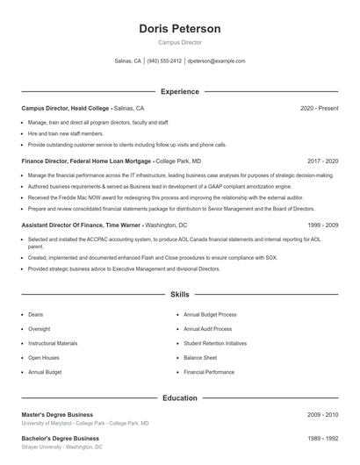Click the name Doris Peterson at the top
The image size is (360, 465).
tap(179, 29)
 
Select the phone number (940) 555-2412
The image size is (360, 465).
tap(164, 61)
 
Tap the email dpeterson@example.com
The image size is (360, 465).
tap(216, 61)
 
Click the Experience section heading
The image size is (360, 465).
tap(179, 91)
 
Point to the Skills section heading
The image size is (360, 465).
tap(179, 295)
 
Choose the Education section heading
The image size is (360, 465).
tap(179, 398)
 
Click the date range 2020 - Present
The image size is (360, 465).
tap(319, 108)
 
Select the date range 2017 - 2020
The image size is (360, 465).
tap(322, 161)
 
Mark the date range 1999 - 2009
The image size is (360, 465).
tap(322, 225)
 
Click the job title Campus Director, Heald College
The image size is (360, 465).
tap(66, 108)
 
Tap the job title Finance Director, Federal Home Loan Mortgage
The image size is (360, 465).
tap(87, 161)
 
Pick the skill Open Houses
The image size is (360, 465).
tap(44, 358)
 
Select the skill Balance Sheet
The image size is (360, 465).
tap(200, 358)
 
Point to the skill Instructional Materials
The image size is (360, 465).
tap(53, 343)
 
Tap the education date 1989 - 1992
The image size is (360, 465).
tap(322, 438)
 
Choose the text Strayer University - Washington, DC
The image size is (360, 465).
tap(61, 447)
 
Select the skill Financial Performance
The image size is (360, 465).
tap(208, 372)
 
